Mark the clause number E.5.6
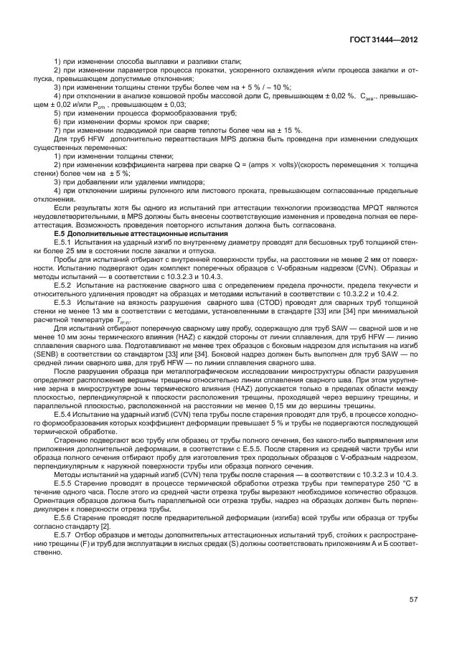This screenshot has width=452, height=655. coord(65,517)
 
